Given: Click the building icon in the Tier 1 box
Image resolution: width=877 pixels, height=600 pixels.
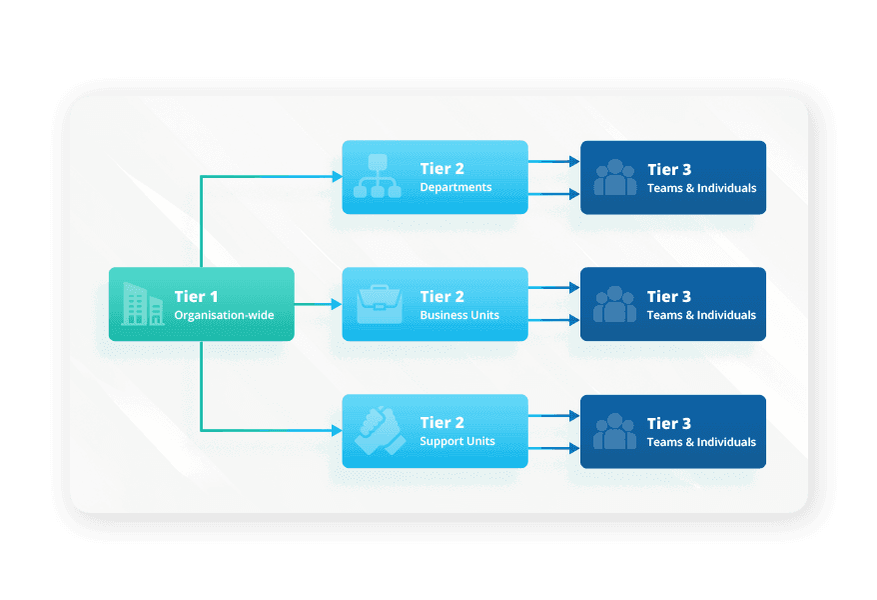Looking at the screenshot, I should point(143,304).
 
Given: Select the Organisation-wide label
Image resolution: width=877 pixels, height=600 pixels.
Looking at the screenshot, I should point(224,315).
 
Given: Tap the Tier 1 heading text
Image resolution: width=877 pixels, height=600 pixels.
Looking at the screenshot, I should point(196,296).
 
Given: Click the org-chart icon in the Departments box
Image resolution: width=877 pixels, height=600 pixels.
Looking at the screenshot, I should point(378,177).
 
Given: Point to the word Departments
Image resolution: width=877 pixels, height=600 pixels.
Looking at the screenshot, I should point(455,187).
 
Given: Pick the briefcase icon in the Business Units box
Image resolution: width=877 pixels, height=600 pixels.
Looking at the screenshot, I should point(378,304).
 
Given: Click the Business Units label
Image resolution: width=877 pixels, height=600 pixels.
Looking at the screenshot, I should point(459,315).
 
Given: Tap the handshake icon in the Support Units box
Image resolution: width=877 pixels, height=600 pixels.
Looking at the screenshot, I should point(378,431).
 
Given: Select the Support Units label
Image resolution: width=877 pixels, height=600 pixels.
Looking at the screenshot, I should point(457,441).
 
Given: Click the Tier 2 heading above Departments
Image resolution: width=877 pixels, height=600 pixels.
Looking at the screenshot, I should point(441,169).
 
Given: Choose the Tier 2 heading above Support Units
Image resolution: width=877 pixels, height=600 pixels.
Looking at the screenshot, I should point(441,423).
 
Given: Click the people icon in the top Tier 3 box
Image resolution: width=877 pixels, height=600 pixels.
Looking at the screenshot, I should point(615,178).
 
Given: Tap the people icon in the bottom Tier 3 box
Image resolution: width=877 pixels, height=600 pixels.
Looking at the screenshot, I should point(615,432).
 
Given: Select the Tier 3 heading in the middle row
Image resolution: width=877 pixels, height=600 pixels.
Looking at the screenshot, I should point(669,296).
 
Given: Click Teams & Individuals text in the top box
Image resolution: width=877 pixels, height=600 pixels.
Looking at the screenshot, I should point(701,188).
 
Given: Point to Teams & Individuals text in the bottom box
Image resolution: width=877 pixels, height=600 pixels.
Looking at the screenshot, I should point(701,442).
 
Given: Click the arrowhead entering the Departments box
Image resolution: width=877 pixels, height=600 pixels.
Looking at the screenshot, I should point(337,177).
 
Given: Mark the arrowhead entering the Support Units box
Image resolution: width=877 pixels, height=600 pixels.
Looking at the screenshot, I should point(337,431).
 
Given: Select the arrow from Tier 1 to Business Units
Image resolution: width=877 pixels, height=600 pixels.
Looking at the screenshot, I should point(318,304).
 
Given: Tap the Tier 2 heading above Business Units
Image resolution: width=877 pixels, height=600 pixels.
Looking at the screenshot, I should point(441,296).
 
